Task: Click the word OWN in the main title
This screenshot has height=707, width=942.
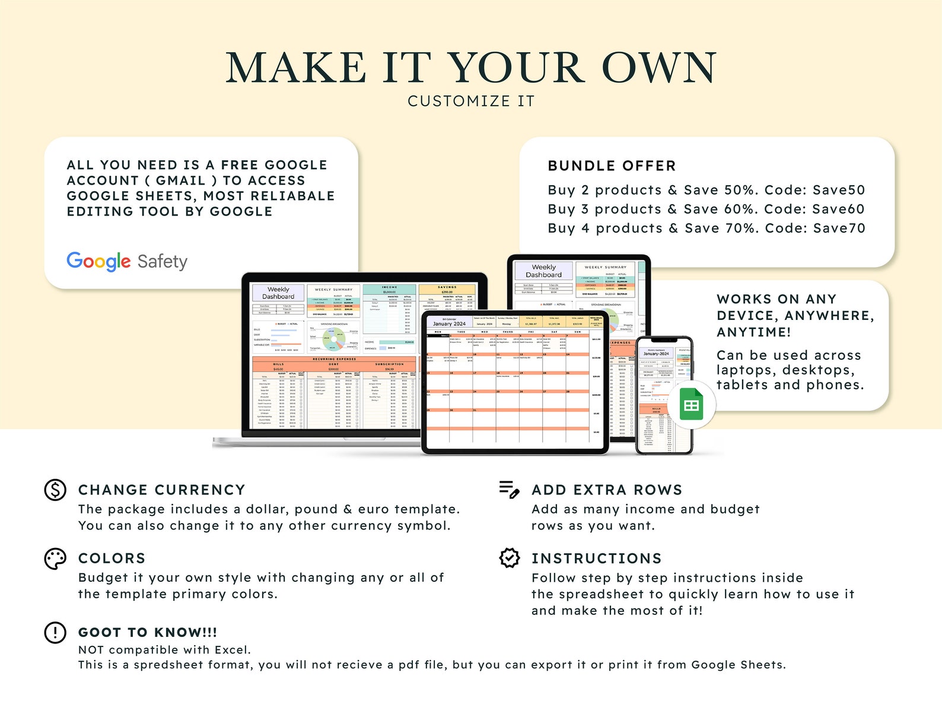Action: tap(659, 68)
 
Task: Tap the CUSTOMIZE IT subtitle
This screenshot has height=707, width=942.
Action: tap(471, 102)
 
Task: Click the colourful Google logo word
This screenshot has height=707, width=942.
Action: tap(98, 261)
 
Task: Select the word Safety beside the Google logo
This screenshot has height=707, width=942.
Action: tap(162, 262)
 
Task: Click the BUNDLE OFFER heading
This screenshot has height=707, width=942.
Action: tap(612, 166)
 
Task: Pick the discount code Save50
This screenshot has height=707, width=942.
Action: tap(839, 190)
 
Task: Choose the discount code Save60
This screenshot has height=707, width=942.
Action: tap(838, 209)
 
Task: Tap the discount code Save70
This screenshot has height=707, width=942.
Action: tap(839, 228)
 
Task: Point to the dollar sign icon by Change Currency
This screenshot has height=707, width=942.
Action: tap(55, 490)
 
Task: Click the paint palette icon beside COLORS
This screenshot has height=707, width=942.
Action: tap(55, 559)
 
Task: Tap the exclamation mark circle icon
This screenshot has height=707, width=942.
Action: tap(55, 632)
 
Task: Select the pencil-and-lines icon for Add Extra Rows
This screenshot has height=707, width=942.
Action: tap(510, 490)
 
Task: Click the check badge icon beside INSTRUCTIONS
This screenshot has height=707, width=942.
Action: tap(510, 558)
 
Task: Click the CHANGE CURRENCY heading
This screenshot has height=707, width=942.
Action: tap(162, 490)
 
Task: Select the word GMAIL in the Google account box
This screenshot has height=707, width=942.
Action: tap(180, 180)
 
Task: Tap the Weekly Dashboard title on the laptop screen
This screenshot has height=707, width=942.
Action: tap(278, 293)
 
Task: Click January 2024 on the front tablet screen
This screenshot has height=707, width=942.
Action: tap(449, 324)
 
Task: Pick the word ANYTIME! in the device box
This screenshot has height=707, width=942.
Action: tap(753, 332)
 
